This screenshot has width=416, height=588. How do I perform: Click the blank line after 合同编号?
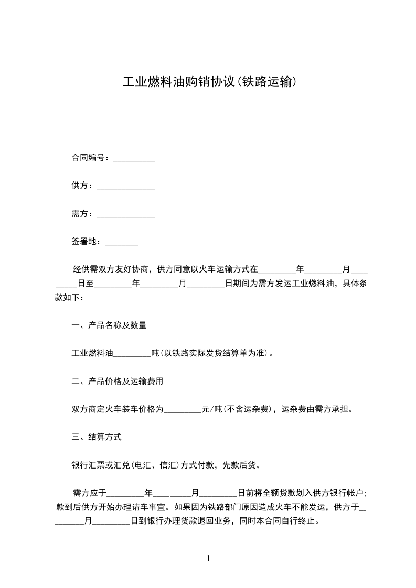(134, 158)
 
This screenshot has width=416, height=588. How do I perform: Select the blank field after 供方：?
(126, 187)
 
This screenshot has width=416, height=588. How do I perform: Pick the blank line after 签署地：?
(122, 243)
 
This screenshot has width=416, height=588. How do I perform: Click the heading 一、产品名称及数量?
(109, 325)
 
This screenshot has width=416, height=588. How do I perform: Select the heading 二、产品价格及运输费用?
(118, 382)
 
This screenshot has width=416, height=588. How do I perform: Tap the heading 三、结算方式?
(97, 437)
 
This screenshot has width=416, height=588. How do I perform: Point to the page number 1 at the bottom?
(208, 558)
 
